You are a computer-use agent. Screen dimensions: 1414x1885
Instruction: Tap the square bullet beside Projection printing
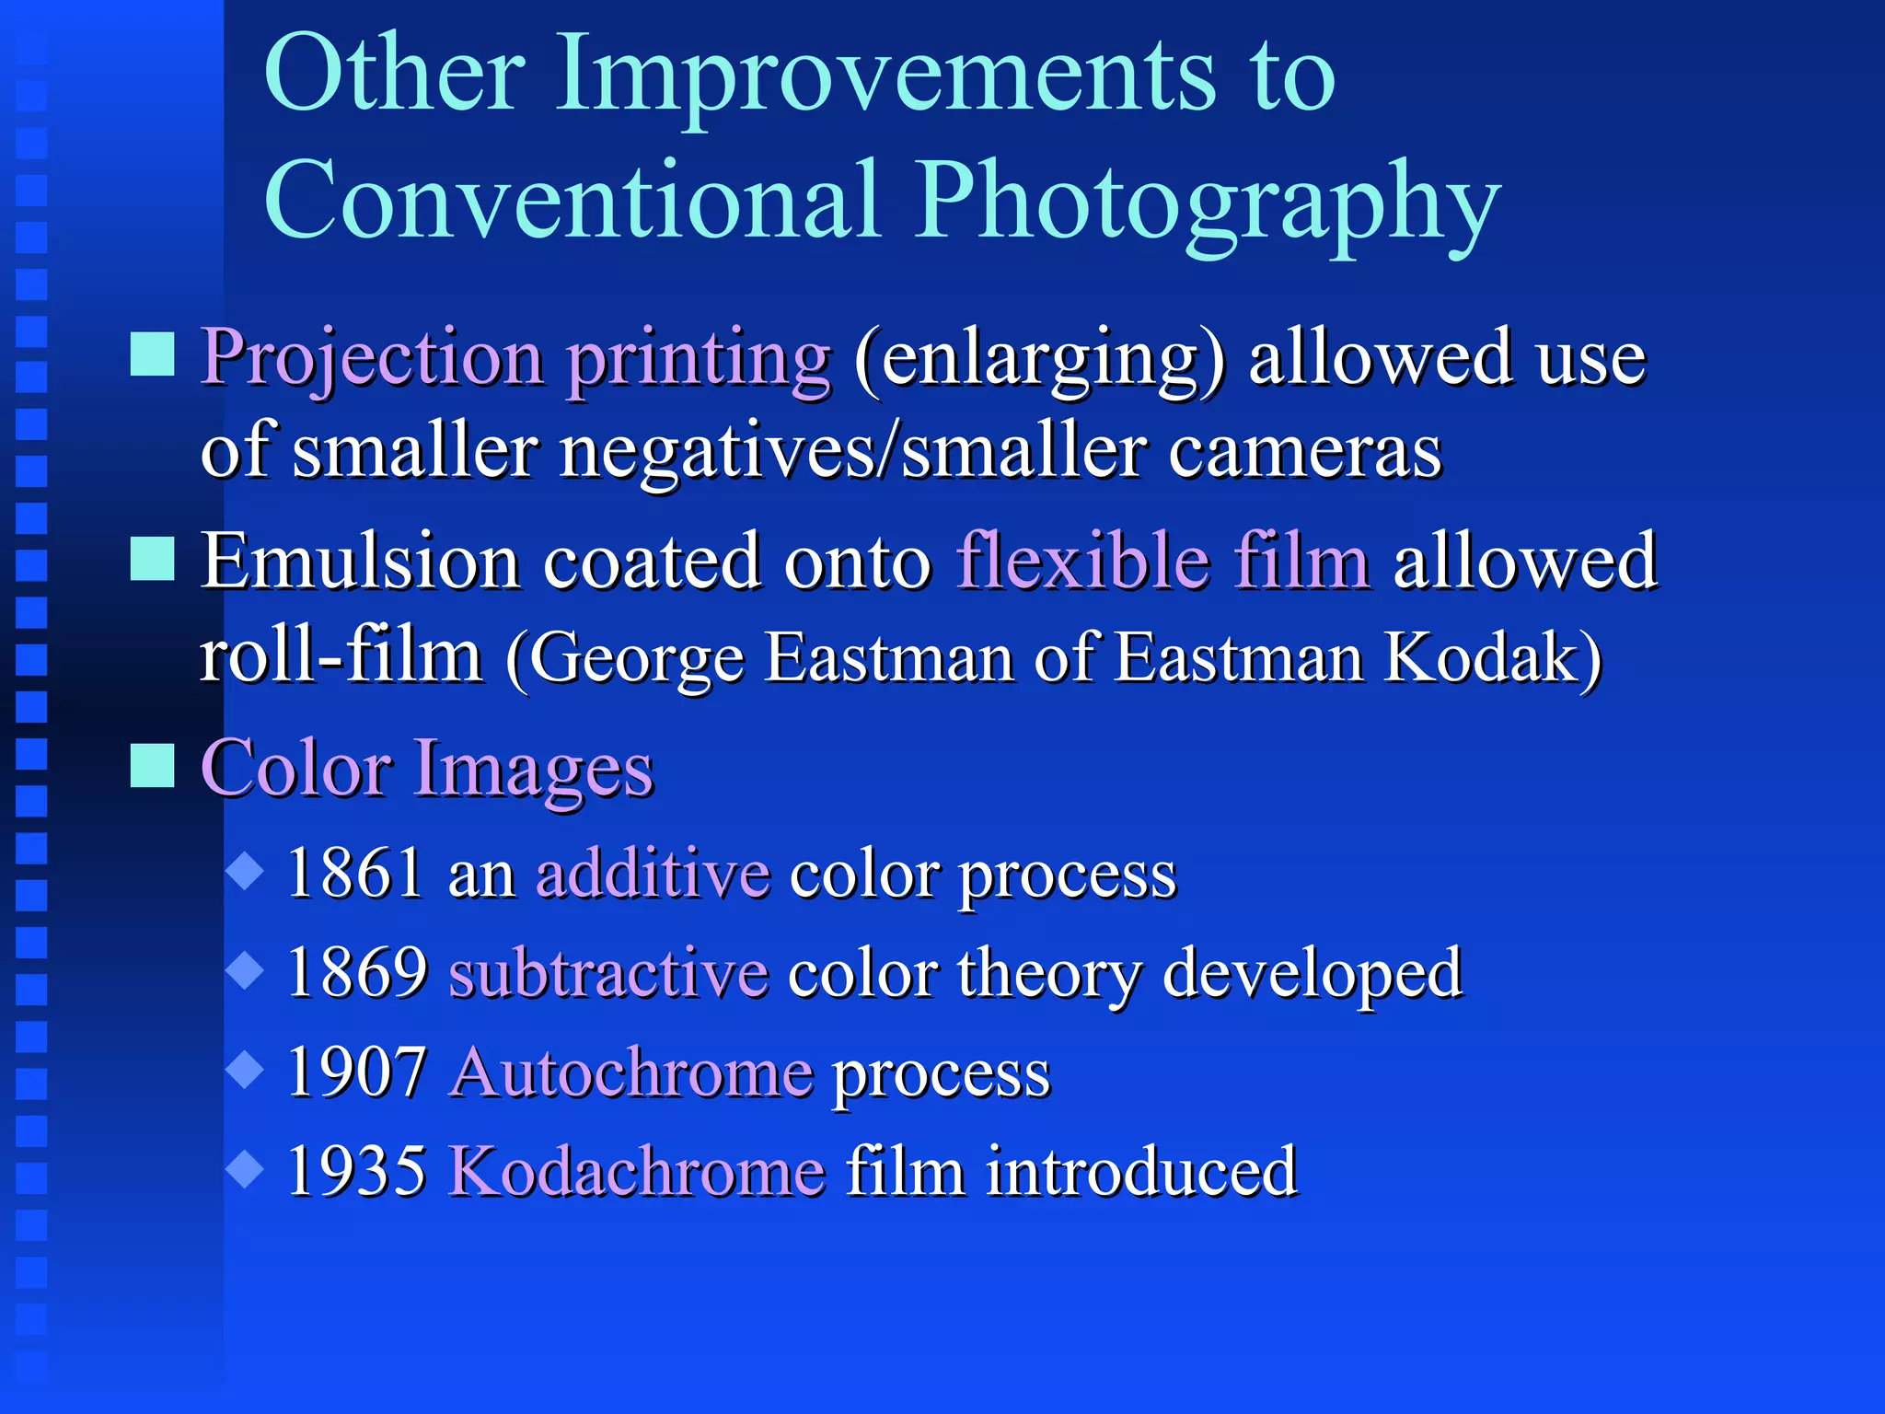point(152,354)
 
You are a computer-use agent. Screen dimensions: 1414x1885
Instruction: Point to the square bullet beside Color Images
point(152,765)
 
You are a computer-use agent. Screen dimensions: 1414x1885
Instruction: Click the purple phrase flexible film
point(1162,561)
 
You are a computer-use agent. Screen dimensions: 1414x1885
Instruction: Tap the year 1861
point(356,873)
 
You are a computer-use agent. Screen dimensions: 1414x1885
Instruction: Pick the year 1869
point(356,972)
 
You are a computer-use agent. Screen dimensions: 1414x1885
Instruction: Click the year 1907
point(356,1072)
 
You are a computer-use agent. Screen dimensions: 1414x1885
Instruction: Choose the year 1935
point(356,1171)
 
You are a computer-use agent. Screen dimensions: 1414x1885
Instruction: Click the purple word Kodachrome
point(637,1171)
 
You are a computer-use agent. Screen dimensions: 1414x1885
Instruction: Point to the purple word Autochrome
point(632,1072)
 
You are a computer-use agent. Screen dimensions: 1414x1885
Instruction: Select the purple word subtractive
point(608,972)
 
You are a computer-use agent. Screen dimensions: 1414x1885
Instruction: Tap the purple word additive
point(653,873)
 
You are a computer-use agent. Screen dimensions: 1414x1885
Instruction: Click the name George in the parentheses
point(635,659)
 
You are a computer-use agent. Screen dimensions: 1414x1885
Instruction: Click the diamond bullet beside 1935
point(245,1169)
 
